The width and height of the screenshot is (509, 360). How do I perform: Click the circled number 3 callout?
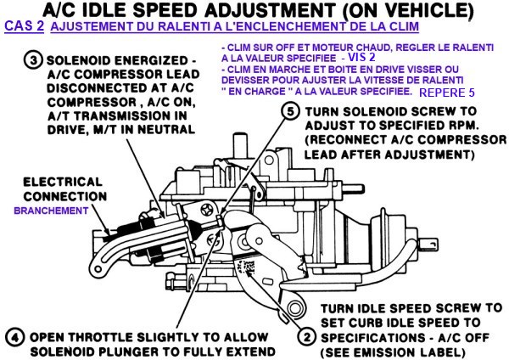[x=33, y=61]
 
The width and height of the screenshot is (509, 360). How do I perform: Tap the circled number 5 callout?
[x=290, y=112]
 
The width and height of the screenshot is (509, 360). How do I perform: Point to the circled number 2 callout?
[x=306, y=337]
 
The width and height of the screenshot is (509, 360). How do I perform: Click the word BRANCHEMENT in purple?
[x=51, y=211]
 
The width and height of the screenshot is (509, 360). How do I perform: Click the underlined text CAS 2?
[x=24, y=26]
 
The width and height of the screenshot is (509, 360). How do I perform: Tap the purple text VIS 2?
[x=361, y=57]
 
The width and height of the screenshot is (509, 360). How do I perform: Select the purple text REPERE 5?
[x=447, y=93]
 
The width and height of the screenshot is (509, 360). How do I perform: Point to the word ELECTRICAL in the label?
[x=63, y=182]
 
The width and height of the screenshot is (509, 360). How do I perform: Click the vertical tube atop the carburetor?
[x=240, y=146]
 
